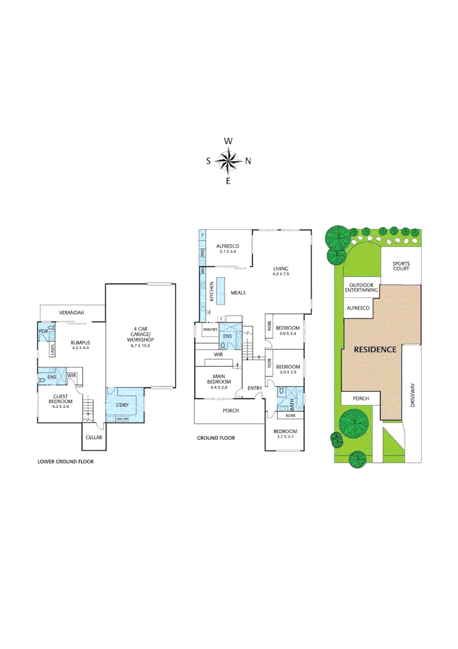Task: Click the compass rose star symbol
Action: (228, 160)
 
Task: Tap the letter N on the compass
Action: (248, 161)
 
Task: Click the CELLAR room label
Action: (94, 437)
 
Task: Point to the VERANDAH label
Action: (71, 313)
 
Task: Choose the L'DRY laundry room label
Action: (122, 406)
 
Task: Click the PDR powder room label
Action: (43, 331)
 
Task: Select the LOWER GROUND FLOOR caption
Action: (65, 462)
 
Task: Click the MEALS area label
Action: (238, 293)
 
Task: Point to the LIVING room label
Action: (281, 269)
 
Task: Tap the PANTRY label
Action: (209, 329)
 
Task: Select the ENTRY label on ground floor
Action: (255, 388)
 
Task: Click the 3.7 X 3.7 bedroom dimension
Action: (285, 437)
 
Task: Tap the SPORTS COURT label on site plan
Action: (401, 267)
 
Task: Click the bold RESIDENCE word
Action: (375, 349)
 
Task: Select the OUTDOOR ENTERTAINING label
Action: (361, 287)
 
